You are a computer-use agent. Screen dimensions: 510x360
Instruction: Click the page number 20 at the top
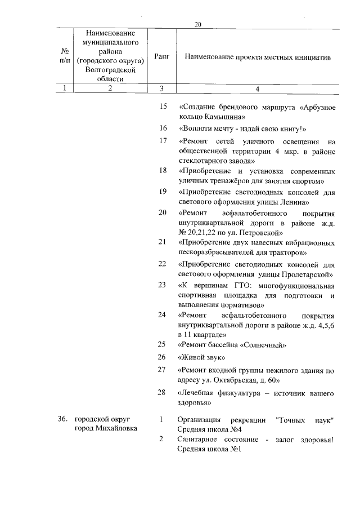point(197,24)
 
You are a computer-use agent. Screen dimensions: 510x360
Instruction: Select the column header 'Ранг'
point(161,57)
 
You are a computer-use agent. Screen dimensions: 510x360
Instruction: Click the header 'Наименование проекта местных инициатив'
point(257,57)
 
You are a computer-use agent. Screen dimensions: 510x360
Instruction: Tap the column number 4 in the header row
point(257,88)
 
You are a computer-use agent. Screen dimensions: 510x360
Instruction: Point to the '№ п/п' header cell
point(65,57)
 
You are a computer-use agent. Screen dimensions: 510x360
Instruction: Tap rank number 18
point(163,170)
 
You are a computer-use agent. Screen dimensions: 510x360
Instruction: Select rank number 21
point(163,242)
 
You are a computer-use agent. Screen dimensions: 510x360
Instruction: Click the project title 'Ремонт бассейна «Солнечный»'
point(232,344)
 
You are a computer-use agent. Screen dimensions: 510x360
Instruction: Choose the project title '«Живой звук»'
point(201,357)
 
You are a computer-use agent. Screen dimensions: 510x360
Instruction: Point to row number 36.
point(63,420)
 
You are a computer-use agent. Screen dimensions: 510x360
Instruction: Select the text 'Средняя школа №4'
point(209,430)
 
